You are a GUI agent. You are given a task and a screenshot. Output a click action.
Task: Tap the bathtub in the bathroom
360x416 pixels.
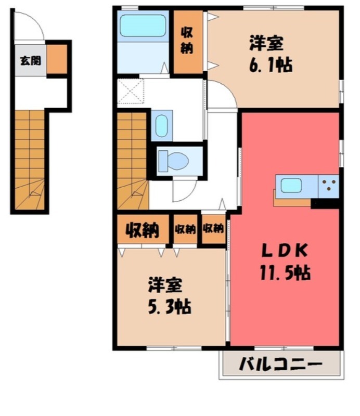pos(142,26)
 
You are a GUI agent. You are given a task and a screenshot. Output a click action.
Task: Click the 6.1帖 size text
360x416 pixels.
pos(270,66)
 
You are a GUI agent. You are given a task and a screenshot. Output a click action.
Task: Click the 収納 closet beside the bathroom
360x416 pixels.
pos(187,41)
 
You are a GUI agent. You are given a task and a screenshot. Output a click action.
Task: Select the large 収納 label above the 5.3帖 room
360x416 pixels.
pos(142,230)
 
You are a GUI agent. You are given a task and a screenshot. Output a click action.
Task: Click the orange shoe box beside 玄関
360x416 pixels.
pos(57,59)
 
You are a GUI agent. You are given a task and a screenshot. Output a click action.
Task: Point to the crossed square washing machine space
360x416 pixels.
pos(131,90)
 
